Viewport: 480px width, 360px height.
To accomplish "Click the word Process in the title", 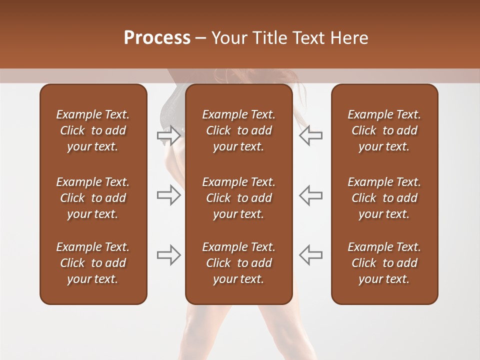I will [x=157, y=38].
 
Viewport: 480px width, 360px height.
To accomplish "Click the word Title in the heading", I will [x=269, y=38].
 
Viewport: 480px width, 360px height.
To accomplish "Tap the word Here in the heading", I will [x=349, y=38].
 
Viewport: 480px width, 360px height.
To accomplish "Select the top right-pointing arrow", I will [x=168, y=135].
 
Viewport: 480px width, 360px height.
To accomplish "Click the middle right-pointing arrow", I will [x=168, y=195].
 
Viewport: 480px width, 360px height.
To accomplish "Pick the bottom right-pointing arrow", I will [x=168, y=255].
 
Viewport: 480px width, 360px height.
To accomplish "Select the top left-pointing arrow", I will [x=310, y=135].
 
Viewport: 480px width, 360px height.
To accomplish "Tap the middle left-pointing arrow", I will [x=310, y=195].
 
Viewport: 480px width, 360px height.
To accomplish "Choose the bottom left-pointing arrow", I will [x=310, y=255].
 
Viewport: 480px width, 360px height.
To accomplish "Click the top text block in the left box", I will [x=93, y=130].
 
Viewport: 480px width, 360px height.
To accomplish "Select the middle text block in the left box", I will [x=93, y=198].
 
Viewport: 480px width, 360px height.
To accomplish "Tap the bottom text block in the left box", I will [x=93, y=263].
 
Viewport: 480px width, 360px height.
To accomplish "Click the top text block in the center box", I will [x=238, y=130].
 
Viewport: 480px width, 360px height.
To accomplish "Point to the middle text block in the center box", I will [x=238, y=198].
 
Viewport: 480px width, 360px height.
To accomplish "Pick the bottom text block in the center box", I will [x=238, y=263].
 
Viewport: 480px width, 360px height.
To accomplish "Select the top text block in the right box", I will [x=384, y=130].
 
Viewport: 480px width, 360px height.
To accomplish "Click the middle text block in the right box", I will [x=384, y=198].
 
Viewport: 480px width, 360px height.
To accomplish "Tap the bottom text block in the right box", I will [x=384, y=263].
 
